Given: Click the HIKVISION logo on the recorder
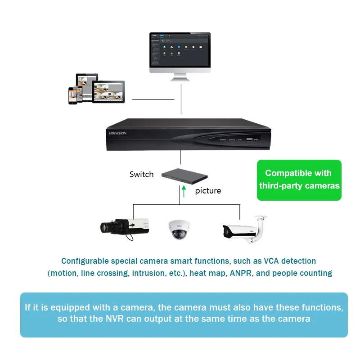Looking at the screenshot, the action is pyautogui.click(x=118, y=133).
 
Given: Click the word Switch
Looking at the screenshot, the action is pyautogui.click(x=141, y=174).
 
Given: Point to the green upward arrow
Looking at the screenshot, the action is pyautogui.click(x=184, y=192).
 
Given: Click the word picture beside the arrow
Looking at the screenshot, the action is pyautogui.click(x=208, y=191).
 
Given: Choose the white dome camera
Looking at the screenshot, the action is pyautogui.click(x=179, y=229).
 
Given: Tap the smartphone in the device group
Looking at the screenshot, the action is pyautogui.click(x=72, y=95).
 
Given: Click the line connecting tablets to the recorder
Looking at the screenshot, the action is pyautogui.click(x=153, y=99).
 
